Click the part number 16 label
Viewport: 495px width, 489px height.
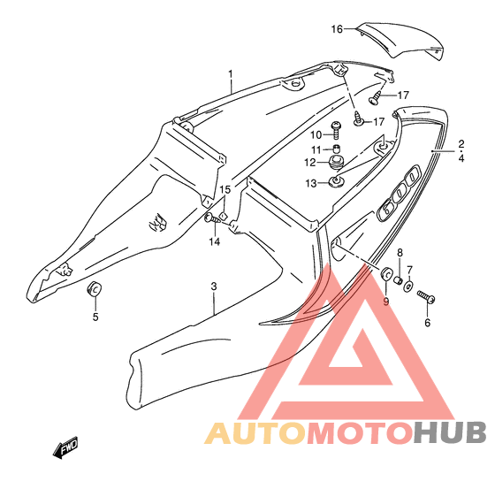click(x=337, y=29)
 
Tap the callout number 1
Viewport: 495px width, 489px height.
click(x=231, y=74)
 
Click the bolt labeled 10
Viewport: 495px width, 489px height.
click(x=336, y=130)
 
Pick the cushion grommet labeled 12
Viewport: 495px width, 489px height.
click(x=337, y=162)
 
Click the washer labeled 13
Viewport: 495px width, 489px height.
click(x=336, y=181)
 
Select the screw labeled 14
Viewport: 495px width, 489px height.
click(x=213, y=218)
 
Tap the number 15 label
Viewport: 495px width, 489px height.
click(x=225, y=189)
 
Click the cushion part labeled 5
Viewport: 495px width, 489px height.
click(x=94, y=288)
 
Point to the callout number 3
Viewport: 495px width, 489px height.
click(x=214, y=287)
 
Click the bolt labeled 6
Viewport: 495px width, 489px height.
click(x=426, y=297)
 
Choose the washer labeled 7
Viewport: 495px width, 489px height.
click(x=408, y=286)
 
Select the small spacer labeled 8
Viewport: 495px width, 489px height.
click(x=398, y=279)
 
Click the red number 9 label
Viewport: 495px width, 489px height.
click(x=386, y=302)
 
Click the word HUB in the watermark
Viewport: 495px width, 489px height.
click(x=450, y=432)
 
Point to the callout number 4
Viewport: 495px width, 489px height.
click(x=461, y=158)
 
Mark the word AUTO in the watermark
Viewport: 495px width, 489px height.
click(x=255, y=432)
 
